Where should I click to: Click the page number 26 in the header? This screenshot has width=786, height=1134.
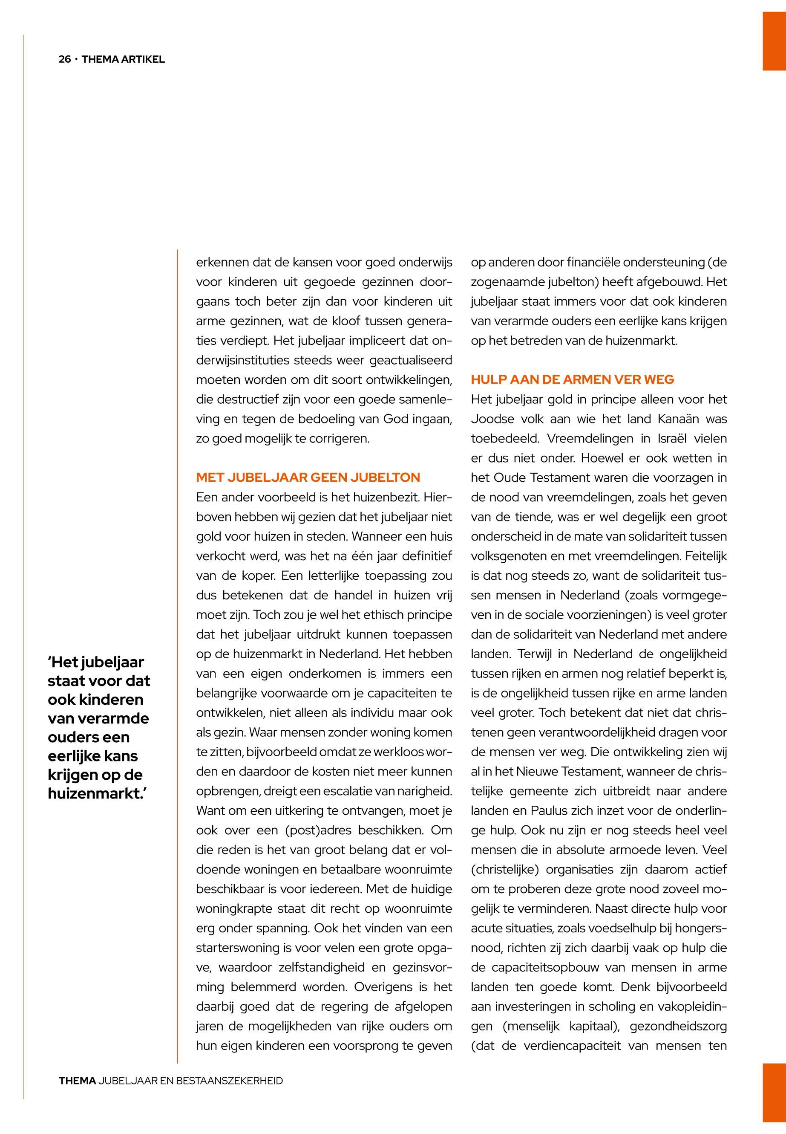64,60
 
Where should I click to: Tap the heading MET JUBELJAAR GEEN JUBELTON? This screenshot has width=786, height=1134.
308,477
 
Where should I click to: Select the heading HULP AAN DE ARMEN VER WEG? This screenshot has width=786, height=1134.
572,379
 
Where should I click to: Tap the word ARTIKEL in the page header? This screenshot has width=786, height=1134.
144,60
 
